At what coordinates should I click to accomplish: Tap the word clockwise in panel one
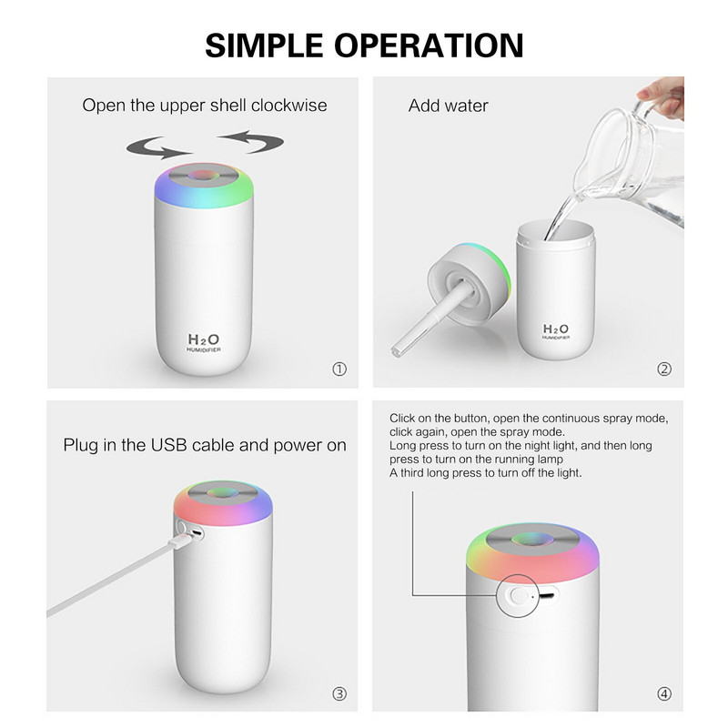tap(288, 105)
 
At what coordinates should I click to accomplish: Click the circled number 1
tap(339, 369)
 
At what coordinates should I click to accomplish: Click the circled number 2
tap(664, 369)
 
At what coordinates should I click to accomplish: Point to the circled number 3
tap(339, 693)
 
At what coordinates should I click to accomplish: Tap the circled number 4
tap(664, 693)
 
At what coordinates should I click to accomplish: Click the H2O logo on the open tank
tap(555, 329)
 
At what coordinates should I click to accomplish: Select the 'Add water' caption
tap(448, 106)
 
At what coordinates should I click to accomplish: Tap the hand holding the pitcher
tap(662, 96)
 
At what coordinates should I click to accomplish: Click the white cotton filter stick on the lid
tap(424, 323)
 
